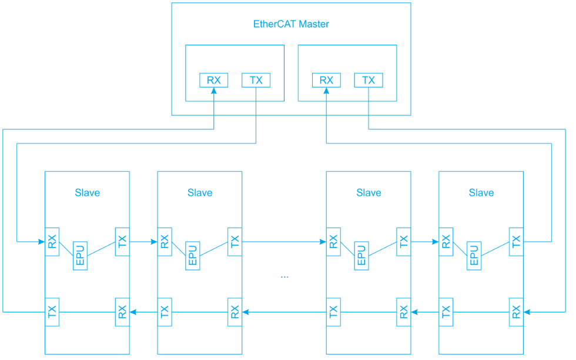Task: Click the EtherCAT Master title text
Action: (x=291, y=24)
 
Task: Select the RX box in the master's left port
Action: (x=213, y=80)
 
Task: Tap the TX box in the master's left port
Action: (x=256, y=80)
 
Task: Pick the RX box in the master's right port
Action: (x=326, y=80)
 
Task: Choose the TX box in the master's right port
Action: (x=369, y=80)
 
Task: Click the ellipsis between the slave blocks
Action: (x=284, y=275)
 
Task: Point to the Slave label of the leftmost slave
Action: (x=87, y=192)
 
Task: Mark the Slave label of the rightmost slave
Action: (x=481, y=192)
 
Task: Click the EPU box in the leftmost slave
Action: (x=80, y=255)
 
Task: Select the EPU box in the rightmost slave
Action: (x=474, y=255)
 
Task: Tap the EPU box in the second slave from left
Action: (x=193, y=255)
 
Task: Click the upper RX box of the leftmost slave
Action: (x=52, y=242)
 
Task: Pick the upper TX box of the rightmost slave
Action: (x=516, y=242)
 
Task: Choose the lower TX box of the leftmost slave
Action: (x=52, y=312)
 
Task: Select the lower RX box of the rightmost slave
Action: (x=516, y=312)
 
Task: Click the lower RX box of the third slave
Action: (x=403, y=312)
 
